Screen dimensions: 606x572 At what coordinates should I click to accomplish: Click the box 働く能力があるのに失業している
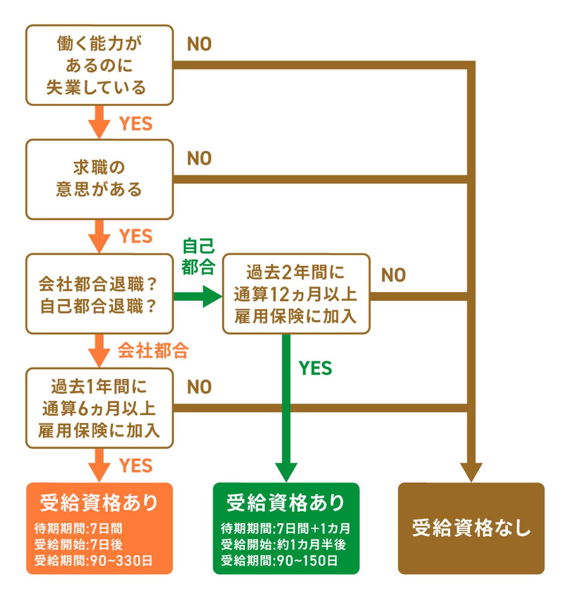(x=99, y=65)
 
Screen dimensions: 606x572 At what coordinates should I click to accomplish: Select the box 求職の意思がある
(x=99, y=179)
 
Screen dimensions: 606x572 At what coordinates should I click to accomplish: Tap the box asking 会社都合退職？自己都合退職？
(x=99, y=294)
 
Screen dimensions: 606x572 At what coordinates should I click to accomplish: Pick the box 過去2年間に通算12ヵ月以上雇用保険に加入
(x=296, y=294)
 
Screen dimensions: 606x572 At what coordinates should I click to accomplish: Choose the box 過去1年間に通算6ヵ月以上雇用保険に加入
(x=99, y=408)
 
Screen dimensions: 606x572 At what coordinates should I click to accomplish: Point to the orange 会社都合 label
(x=153, y=351)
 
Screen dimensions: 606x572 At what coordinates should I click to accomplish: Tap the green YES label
(x=315, y=368)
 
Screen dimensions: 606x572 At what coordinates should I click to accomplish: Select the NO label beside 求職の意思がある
(x=199, y=159)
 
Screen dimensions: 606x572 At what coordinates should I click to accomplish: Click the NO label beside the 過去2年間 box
(x=394, y=275)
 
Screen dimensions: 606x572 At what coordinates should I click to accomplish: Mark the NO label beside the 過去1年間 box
(x=199, y=387)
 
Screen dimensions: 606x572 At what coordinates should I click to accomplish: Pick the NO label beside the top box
(x=199, y=44)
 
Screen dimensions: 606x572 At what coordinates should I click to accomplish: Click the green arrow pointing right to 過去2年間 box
(x=199, y=296)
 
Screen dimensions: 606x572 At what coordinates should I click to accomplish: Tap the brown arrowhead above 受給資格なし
(x=471, y=471)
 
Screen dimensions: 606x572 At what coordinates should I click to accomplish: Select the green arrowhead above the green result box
(x=286, y=471)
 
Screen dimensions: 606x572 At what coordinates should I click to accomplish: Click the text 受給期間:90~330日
(x=93, y=560)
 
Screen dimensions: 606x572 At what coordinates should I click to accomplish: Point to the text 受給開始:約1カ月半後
(x=283, y=545)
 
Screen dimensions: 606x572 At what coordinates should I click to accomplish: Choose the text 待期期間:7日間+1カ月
(x=286, y=529)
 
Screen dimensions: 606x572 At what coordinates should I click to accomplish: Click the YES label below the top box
(x=136, y=124)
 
